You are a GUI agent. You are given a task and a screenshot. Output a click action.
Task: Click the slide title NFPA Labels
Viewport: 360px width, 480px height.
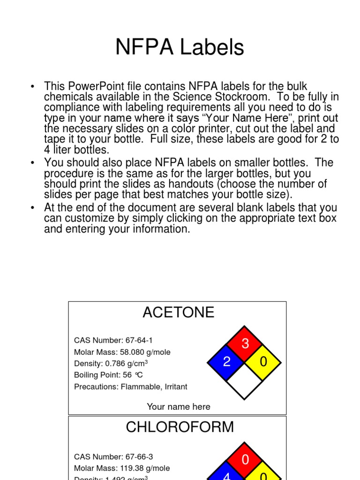click(x=180, y=47)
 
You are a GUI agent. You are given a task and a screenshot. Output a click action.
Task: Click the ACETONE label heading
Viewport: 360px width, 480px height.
click(x=178, y=312)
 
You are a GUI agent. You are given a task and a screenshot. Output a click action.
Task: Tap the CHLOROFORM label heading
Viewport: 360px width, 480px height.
click(x=180, y=427)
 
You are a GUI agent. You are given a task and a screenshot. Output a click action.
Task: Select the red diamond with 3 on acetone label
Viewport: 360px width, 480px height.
click(x=245, y=344)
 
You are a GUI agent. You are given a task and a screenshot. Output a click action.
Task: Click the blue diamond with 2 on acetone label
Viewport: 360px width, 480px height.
click(x=227, y=361)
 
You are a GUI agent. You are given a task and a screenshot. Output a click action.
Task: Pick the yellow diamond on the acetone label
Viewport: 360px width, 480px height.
click(x=263, y=361)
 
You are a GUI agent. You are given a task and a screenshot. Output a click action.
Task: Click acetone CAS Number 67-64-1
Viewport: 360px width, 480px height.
click(x=113, y=340)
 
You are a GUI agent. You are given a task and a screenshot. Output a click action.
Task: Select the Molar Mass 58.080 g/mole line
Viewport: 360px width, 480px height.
click(x=122, y=352)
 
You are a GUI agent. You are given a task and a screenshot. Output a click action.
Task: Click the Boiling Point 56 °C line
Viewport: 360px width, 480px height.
click(x=108, y=375)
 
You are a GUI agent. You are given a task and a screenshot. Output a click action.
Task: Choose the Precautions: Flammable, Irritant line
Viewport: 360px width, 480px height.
click(x=130, y=387)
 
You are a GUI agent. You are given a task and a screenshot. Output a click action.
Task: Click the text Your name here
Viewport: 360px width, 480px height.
click(x=178, y=407)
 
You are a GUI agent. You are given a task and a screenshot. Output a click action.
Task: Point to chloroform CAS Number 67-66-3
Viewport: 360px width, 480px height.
click(x=113, y=457)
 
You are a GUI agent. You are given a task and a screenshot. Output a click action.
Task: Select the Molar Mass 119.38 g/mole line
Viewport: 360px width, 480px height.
click(x=122, y=468)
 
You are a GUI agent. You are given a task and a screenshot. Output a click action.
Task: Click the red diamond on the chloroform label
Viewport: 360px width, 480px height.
click(x=245, y=459)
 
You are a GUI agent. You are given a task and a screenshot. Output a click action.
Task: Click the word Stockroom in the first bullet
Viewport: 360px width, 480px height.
click(x=240, y=97)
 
